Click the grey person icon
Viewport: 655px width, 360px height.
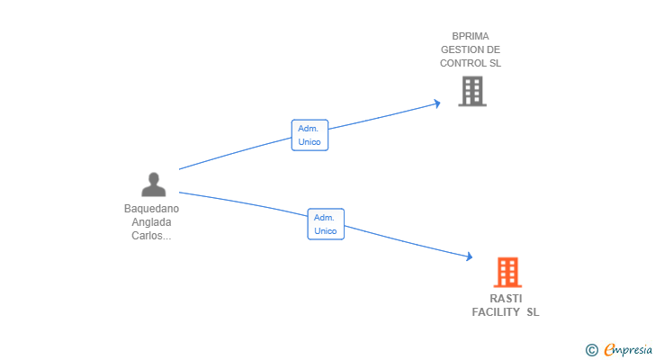click(x=154, y=184)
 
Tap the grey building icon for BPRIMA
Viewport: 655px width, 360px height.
click(x=472, y=91)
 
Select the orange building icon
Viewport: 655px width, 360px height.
click(x=507, y=273)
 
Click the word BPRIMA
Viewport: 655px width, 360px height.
click(x=471, y=36)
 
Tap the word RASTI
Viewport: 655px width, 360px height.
click(x=506, y=299)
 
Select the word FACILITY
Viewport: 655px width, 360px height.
click(x=496, y=312)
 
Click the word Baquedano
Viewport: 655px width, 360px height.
click(x=152, y=209)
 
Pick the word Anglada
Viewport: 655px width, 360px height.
click(x=152, y=222)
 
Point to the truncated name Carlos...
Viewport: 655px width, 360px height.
click(x=151, y=236)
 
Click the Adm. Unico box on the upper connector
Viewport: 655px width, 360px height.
click(x=310, y=135)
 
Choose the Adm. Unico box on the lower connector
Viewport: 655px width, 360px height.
click(x=326, y=224)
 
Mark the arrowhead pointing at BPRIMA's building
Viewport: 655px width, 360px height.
click(x=437, y=103)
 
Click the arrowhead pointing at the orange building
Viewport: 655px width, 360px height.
click(x=469, y=256)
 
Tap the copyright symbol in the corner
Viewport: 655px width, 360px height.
click(x=591, y=350)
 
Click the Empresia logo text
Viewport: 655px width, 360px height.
click(x=628, y=349)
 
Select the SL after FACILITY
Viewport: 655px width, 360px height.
click(x=533, y=312)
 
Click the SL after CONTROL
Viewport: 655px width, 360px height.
click(x=495, y=63)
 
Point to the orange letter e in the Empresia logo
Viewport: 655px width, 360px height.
click(x=609, y=349)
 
